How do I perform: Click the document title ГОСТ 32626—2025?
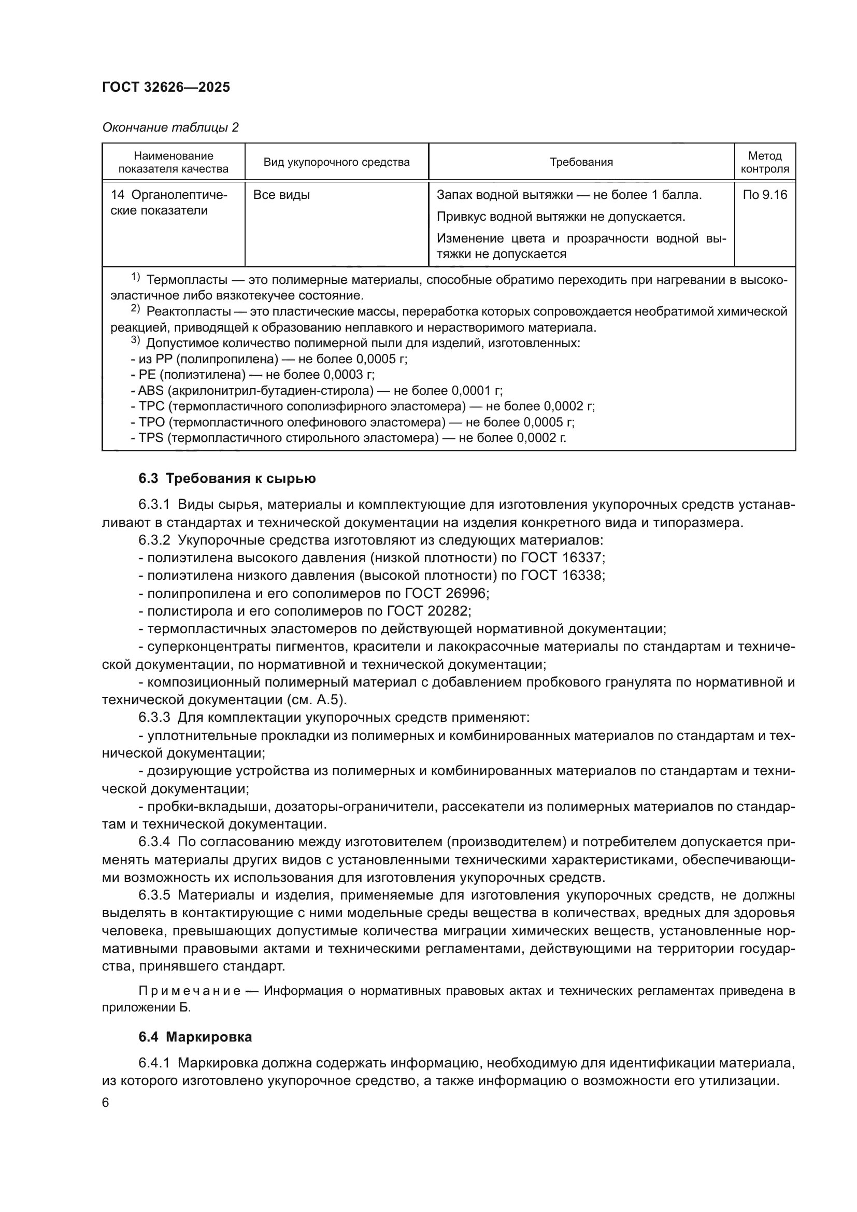[x=166, y=87]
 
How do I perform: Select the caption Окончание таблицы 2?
[x=170, y=127]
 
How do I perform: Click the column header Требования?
[x=581, y=162]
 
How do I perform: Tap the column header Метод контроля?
[x=765, y=162]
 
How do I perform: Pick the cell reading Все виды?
[x=281, y=195]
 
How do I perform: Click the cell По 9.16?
[x=765, y=195]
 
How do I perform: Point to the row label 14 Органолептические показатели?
[x=169, y=203]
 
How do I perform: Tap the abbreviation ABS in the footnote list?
[x=150, y=391]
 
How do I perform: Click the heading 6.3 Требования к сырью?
[x=227, y=478]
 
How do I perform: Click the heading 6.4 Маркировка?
[x=195, y=1037]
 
